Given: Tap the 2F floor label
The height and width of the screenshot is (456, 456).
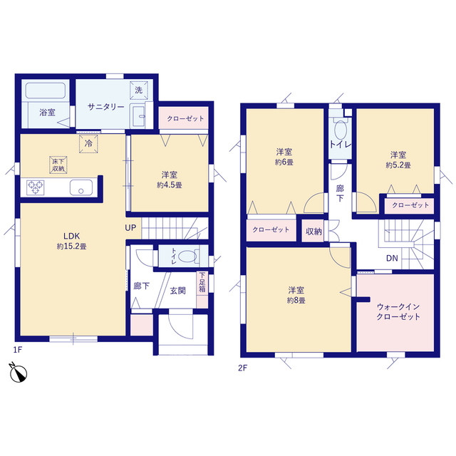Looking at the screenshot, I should click(242, 368).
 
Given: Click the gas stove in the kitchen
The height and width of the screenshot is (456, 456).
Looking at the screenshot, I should click(36, 188).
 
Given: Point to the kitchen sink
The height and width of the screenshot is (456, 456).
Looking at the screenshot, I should click(80, 188).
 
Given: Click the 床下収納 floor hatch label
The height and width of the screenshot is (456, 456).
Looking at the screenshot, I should click(57, 164).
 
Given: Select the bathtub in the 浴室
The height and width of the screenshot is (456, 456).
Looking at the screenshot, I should click(45, 91).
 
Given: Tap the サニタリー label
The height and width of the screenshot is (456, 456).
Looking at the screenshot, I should click(106, 106).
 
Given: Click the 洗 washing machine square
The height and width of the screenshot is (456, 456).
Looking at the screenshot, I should click(139, 90).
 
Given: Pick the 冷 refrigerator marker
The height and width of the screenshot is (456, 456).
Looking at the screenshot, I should click(88, 142).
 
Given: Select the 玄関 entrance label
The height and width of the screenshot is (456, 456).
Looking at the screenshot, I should click(177, 290).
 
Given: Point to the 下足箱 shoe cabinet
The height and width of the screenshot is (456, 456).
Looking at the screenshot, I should click(202, 282).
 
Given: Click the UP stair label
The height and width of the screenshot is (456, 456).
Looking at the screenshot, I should click(130, 228).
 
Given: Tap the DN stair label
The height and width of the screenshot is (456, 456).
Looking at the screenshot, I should click(392, 258).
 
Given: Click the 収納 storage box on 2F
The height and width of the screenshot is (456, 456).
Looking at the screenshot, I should click(313, 231).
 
